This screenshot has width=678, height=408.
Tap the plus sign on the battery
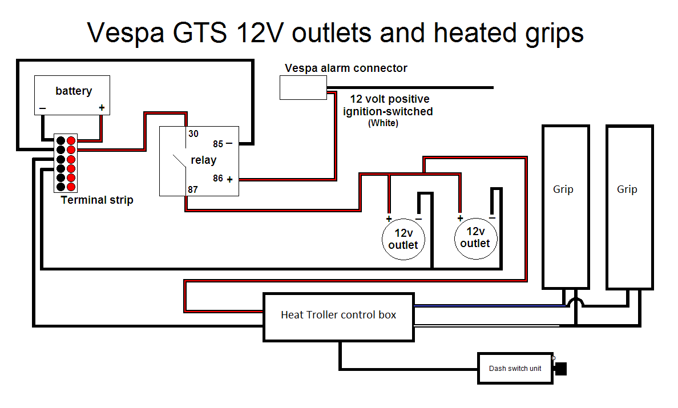click(102, 107)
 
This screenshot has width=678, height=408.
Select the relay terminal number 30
click(193, 134)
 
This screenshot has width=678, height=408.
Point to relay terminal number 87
click(193, 189)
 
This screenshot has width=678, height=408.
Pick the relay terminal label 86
click(218, 179)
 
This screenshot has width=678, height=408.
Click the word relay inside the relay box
click(203, 160)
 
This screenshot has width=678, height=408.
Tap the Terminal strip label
click(97, 200)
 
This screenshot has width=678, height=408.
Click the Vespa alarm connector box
click(303, 87)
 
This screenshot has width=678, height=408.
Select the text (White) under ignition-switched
click(383, 123)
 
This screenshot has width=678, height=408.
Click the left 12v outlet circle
click(403, 239)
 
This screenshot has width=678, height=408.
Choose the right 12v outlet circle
click(475, 238)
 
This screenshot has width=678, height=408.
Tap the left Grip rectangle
click(565, 207)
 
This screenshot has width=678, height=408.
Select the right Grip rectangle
click(629, 207)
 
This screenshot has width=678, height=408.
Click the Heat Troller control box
click(338, 317)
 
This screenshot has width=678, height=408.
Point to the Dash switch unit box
click(515, 368)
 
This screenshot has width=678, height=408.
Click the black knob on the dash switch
click(561, 369)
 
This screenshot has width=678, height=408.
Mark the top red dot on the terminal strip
click(71, 140)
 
